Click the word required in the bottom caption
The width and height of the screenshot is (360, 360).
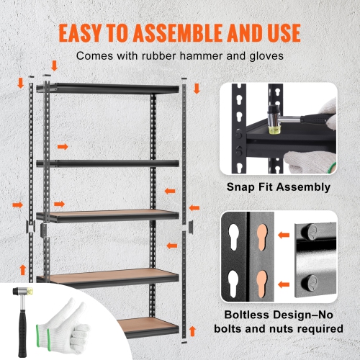click(x=316, y=328)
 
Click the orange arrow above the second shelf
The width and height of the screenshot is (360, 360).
click(x=63, y=146)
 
